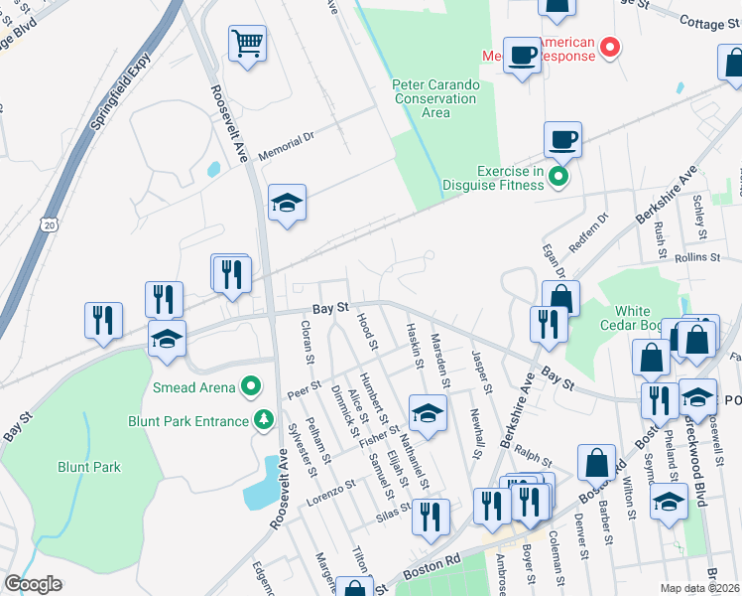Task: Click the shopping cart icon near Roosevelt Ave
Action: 247,44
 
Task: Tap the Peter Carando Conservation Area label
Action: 435,98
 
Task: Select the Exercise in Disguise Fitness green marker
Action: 558,178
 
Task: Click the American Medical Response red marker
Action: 611,46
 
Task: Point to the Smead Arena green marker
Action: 252,386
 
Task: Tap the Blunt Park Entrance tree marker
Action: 264,421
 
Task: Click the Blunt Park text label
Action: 89,467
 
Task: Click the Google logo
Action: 33,584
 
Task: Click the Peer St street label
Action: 305,387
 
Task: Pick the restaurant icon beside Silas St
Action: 431,517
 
